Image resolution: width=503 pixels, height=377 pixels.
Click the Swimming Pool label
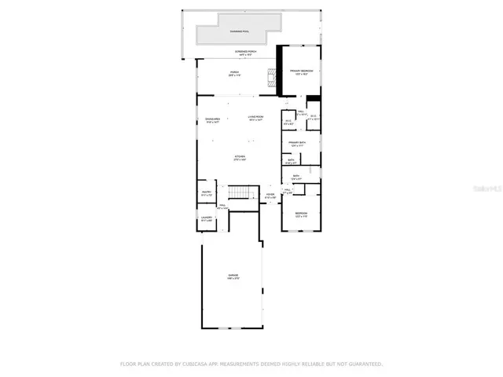235,31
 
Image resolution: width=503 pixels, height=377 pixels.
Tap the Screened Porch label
244,53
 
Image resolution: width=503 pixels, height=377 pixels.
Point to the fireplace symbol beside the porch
272,78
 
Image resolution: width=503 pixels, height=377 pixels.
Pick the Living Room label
255,118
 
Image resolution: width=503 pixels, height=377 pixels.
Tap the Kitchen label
240,158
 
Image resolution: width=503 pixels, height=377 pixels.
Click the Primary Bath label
297,144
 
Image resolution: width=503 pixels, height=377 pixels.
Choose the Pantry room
207,192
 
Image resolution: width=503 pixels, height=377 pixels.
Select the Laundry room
207,219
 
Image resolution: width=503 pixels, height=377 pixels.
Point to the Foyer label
270,196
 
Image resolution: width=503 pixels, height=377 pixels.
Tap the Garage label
233,276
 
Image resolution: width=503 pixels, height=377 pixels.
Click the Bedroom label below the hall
301,214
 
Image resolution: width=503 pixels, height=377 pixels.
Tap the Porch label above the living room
234,73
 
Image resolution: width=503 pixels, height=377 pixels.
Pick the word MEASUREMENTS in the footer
236,364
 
